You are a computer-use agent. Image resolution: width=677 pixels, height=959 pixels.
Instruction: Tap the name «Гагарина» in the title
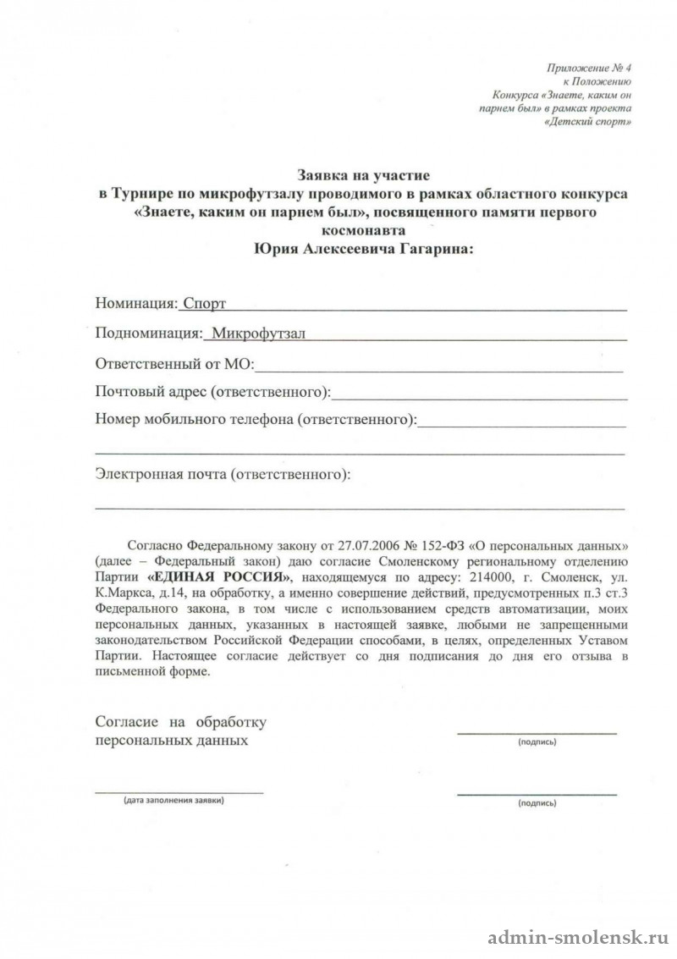point(427,249)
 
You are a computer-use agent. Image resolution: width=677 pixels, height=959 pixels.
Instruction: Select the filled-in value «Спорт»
point(204,302)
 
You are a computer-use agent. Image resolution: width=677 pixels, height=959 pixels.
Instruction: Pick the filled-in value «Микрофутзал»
point(258,333)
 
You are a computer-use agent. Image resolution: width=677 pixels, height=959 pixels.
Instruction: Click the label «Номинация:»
point(136,302)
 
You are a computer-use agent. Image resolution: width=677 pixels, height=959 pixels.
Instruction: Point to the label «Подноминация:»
point(150,333)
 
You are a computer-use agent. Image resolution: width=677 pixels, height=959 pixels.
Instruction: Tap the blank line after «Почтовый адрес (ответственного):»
point(479,394)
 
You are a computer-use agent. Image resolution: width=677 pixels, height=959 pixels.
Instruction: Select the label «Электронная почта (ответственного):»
point(223,474)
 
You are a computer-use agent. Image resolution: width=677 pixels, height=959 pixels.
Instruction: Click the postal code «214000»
point(480,576)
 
